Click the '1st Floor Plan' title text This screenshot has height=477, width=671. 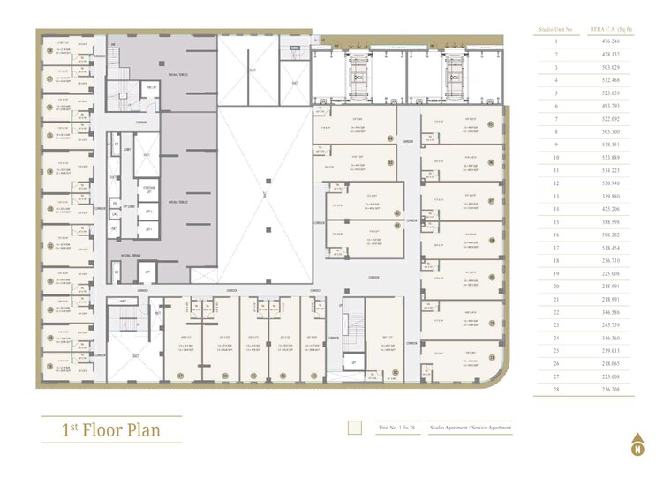[111, 429]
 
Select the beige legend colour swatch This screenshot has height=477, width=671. [355, 428]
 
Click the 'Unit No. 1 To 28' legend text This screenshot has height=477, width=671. [396, 428]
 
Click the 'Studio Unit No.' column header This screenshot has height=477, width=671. [556, 30]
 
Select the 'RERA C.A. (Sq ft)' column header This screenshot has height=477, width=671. [612, 30]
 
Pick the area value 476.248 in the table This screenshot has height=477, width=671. [612, 41]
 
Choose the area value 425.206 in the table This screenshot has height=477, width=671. [612, 209]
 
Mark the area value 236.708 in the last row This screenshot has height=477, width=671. [612, 389]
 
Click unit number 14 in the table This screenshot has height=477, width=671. [556, 209]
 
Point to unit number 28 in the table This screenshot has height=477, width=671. [556, 389]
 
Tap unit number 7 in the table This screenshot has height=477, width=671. [556, 118]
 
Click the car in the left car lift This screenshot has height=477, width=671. [358, 77]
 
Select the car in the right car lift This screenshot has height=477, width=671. [451, 77]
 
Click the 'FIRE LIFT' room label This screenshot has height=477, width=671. [151, 87]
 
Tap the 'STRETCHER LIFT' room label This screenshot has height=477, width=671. [149, 188]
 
